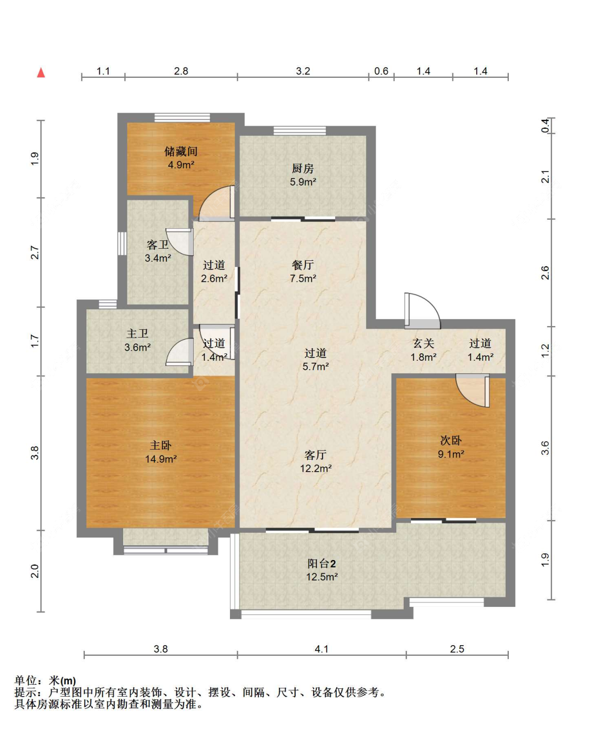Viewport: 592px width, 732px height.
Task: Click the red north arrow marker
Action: click(41, 73)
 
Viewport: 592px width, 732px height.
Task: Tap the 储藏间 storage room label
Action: click(181, 151)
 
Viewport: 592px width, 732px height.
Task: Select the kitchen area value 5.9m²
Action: click(303, 181)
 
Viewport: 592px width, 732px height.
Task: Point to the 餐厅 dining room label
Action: click(303, 265)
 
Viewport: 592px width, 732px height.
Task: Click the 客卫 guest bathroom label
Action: click(158, 245)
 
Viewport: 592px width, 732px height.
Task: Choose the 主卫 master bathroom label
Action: click(137, 333)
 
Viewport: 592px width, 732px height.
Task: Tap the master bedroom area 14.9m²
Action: click(160, 459)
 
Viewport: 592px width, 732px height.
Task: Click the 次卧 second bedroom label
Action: click(450, 440)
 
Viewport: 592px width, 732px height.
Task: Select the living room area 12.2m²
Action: click(316, 468)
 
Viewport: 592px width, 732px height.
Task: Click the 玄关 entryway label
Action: click(423, 343)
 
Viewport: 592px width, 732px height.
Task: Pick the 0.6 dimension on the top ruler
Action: click(381, 71)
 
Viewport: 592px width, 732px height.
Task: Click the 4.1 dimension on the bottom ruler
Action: click(322, 649)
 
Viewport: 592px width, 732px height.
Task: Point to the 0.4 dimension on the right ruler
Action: click(545, 126)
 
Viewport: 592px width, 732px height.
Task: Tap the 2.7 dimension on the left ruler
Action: click(35, 252)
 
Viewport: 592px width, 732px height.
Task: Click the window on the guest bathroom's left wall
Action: click(122, 243)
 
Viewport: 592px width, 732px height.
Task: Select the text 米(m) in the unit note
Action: click(62, 680)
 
